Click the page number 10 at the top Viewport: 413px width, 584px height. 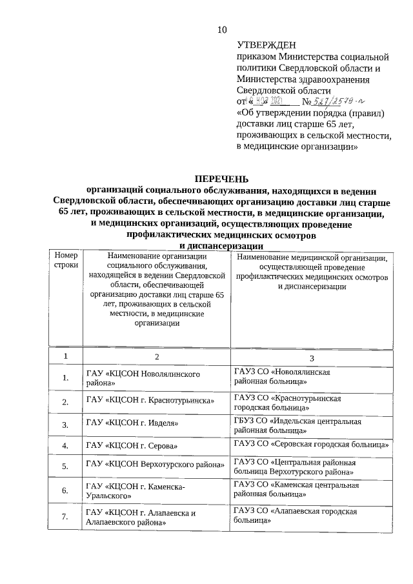pos(221,29)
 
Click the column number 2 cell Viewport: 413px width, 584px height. pos(156,356)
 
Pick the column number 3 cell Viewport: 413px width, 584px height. pos(312,357)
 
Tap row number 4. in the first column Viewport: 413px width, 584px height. pos(66,446)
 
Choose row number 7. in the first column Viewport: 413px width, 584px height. pos(66,516)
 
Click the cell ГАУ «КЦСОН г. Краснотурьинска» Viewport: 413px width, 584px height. pos(150,401)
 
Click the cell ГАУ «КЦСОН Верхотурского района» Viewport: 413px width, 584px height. pos(155,465)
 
